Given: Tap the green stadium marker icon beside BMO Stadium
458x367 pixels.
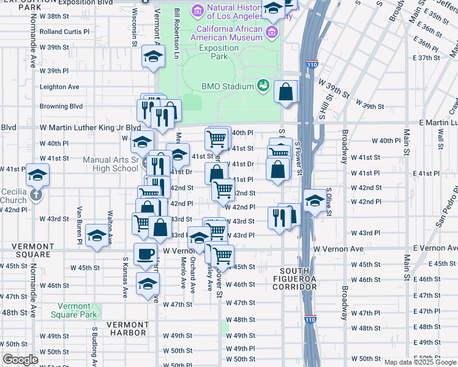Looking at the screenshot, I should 263,85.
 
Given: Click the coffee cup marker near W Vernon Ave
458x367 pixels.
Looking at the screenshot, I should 145,254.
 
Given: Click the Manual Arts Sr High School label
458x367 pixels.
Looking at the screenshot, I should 111,165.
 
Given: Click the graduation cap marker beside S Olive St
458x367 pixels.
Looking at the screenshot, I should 314,201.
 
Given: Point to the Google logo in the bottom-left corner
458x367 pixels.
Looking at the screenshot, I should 20,360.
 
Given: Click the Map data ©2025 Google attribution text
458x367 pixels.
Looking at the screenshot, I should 420,362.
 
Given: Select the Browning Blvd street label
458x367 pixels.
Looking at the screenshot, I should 61,106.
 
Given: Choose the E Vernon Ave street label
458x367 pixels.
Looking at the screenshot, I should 435,248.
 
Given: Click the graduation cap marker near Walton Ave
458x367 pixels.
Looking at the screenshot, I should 97,235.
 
